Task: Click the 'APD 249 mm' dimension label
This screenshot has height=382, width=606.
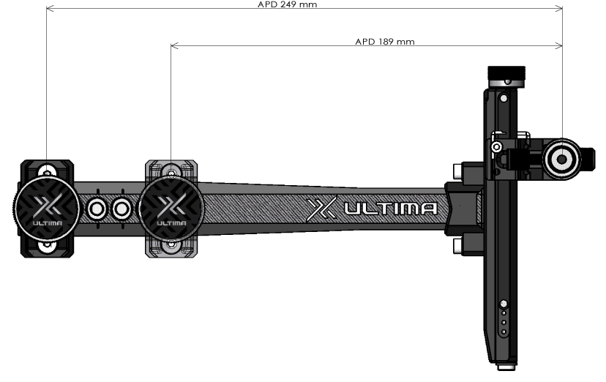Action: pyautogui.click(x=287, y=4)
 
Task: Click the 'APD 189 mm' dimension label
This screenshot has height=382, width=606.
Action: pyautogui.click(x=384, y=41)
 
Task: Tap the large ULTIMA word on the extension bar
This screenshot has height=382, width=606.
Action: pyautogui.click(x=391, y=209)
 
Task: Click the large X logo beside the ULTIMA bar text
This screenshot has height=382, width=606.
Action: pyautogui.click(x=321, y=209)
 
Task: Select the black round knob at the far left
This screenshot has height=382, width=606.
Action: pyautogui.click(x=47, y=209)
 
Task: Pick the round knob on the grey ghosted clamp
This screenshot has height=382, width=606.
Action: pyautogui.click(x=171, y=209)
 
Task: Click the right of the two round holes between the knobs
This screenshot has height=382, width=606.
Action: pyautogui.click(x=121, y=209)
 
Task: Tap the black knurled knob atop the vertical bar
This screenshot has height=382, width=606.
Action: pyautogui.click(x=506, y=72)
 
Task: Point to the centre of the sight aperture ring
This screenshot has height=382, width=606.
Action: pyautogui.click(x=561, y=159)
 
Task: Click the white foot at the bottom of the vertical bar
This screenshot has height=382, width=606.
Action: pyautogui.click(x=506, y=367)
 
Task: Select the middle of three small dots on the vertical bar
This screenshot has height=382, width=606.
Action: pyautogui.click(x=504, y=322)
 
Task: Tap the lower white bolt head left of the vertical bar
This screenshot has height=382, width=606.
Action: pyautogui.click(x=457, y=246)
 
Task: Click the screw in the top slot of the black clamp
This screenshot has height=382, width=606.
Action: pyautogui.click(x=47, y=173)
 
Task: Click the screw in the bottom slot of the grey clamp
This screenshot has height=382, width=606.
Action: pyautogui.click(x=171, y=245)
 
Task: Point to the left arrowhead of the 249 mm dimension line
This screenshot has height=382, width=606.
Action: pyautogui.click(x=50, y=8)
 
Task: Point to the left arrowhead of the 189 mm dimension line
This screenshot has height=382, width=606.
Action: pyautogui.click(x=174, y=45)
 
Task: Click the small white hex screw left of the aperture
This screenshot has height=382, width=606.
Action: pyautogui.click(x=497, y=147)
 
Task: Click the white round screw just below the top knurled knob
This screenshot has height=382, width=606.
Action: pyautogui.click(x=507, y=82)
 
